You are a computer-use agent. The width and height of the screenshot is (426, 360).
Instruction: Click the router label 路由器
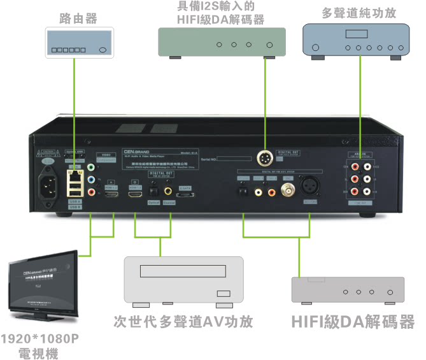[x=78, y=18]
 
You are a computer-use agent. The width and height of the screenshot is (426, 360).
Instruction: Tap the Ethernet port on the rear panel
[x=75, y=171]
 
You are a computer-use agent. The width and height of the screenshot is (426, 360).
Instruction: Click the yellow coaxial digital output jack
[x=168, y=190]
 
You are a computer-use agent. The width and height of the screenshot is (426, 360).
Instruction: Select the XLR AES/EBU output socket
[x=311, y=188]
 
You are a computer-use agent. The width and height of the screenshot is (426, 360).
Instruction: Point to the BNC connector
[x=290, y=189]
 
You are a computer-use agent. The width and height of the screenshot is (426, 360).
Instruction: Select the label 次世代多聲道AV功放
[x=183, y=322]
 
